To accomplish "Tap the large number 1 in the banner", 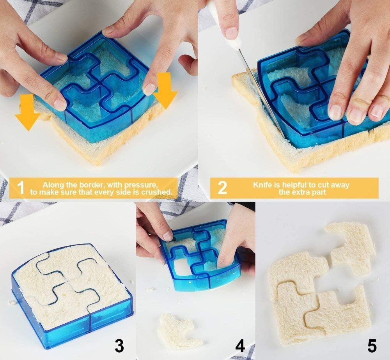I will (21, 188).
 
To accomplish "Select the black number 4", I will (239, 346).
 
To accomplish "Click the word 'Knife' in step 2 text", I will (263, 184).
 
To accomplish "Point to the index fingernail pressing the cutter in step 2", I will (335, 112).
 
